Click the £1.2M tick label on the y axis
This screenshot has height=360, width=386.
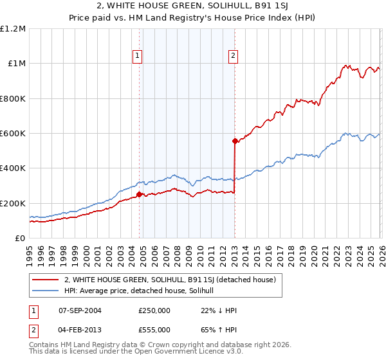click(x=13, y=29)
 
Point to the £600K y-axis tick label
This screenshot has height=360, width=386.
click(x=13, y=134)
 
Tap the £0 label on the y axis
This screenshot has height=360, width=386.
click(x=20, y=239)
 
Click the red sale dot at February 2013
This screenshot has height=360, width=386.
click(x=234, y=141)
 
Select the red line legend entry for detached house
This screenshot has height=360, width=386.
click(x=170, y=279)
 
